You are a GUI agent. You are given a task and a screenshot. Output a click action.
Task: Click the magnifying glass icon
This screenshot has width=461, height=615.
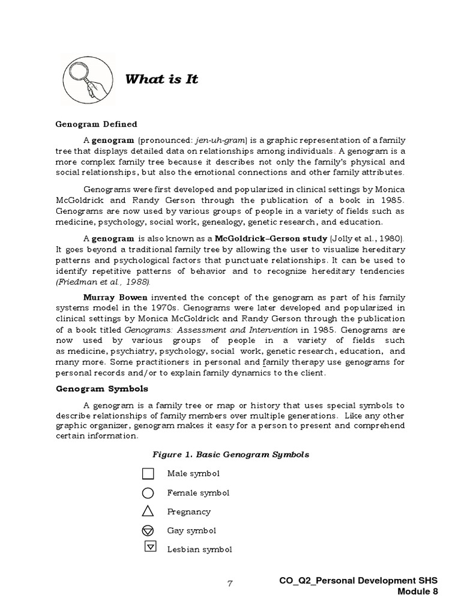point(88,79)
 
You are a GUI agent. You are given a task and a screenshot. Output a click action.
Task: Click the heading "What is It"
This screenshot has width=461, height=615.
point(161,79)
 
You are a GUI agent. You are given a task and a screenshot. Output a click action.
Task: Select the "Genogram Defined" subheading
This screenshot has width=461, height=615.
point(96,124)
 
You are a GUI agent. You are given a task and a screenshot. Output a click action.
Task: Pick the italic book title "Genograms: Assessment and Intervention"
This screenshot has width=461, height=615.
point(211,330)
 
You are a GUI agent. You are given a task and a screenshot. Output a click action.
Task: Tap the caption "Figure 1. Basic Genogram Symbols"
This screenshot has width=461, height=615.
point(230,455)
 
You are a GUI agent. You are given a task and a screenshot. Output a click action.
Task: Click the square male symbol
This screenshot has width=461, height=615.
point(148,474)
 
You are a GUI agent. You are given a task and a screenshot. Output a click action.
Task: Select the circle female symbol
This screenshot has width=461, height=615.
point(148,493)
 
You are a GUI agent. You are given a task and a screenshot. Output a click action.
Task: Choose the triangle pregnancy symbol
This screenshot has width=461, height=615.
point(148,512)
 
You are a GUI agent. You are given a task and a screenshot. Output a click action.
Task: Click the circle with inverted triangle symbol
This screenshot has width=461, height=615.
point(148,531)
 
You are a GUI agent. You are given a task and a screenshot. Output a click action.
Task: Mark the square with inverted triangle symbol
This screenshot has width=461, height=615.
point(151,547)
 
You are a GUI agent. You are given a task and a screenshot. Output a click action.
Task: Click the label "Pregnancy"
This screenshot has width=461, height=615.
point(188,512)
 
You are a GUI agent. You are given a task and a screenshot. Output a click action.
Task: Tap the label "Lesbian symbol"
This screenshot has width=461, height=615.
point(199,550)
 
